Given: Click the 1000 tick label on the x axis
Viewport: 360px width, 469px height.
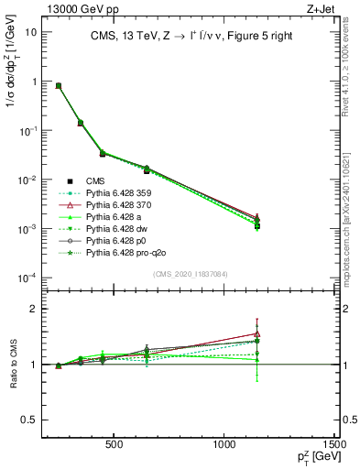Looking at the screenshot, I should (x=225, y=446).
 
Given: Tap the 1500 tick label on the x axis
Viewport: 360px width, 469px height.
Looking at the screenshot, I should (x=335, y=446).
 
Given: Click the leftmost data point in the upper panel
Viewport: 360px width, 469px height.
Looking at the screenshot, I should (x=59, y=85).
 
